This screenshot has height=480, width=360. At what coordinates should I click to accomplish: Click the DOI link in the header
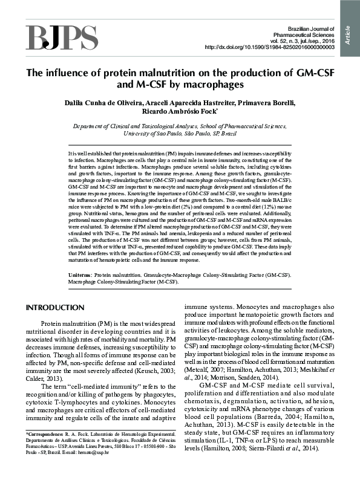[270, 47]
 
